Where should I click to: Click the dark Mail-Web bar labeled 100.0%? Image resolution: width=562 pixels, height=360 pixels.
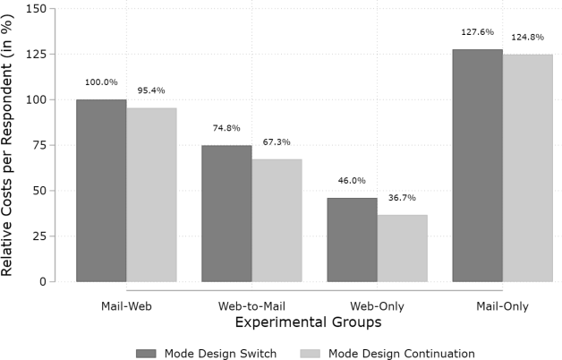101,190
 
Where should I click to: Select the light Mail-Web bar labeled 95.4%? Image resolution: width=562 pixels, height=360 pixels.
151,194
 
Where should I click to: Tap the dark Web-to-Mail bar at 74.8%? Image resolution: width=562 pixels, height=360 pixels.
226,213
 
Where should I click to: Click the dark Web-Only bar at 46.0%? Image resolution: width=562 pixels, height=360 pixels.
352,239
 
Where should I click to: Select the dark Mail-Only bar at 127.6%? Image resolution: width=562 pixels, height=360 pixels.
477,165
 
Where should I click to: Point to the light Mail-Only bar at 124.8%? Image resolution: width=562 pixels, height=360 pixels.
527,167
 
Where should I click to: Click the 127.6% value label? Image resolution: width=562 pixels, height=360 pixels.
477,32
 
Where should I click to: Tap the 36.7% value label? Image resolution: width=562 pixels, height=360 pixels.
403,199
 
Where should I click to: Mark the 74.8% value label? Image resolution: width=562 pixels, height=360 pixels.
226,128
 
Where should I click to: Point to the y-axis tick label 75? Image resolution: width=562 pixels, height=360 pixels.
39,145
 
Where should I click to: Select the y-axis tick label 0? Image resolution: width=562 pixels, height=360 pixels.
43,281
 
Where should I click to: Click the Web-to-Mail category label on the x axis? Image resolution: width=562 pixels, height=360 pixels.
251,306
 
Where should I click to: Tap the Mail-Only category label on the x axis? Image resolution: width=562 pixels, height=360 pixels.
502,306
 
